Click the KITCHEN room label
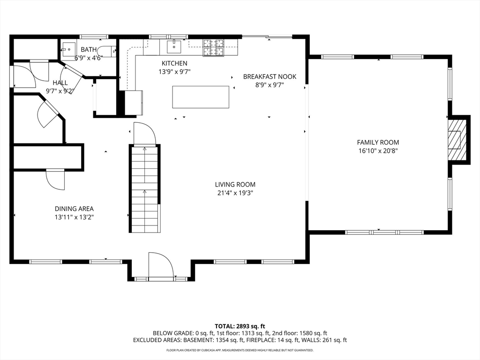[174, 63]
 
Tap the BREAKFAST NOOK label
[270, 76]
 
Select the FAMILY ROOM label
[378, 142]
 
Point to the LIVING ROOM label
[235, 185]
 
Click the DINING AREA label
[74, 209]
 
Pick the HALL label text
[60, 82]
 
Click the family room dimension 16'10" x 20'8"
[378, 150]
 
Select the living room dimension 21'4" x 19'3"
[235, 193]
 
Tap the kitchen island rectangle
[201, 97]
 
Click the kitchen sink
[174, 46]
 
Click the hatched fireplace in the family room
[457, 140]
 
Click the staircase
[144, 188]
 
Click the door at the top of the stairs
[145, 133]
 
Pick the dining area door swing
[55, 180]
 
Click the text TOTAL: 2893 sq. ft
[240, 326]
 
